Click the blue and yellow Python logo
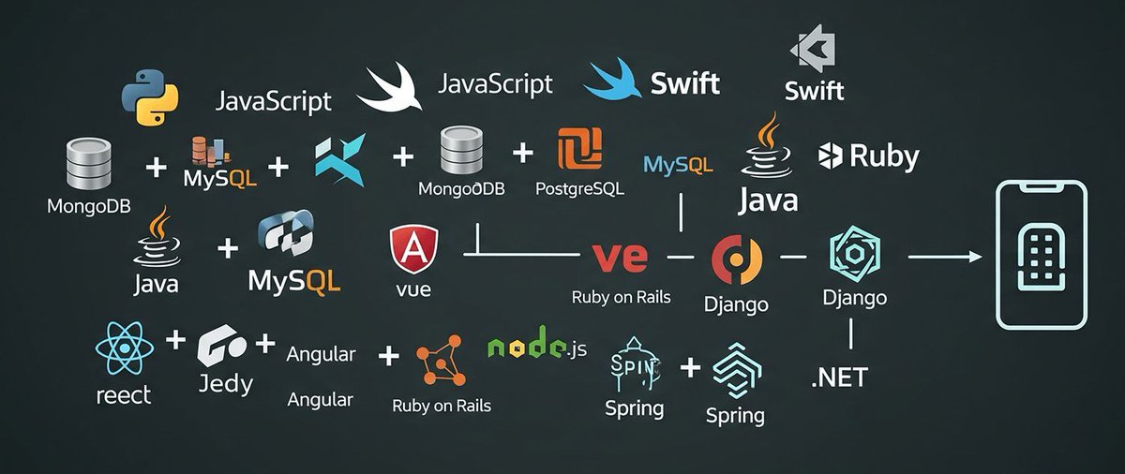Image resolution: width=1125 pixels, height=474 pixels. (x=150, y=101)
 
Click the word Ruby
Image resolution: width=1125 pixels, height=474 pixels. (x=884, y=156)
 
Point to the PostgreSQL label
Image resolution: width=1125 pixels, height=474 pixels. (x=579, y=188)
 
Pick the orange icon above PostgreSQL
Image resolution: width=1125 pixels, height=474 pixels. (x=579, y=148)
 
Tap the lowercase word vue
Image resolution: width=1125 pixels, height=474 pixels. (x=413, y=289)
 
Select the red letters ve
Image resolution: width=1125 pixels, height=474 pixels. (x=620, y=256)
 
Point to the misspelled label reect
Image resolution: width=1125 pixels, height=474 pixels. (x=123, y=395)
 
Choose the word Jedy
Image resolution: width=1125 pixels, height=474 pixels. (x=226, y=384)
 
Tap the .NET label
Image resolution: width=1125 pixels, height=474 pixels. (x=839, y=378)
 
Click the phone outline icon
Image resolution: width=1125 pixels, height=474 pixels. (x=1041, y=255)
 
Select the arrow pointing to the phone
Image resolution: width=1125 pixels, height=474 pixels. (x=944, y=255)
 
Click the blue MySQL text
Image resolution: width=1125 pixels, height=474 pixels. (x=679, y=166)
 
